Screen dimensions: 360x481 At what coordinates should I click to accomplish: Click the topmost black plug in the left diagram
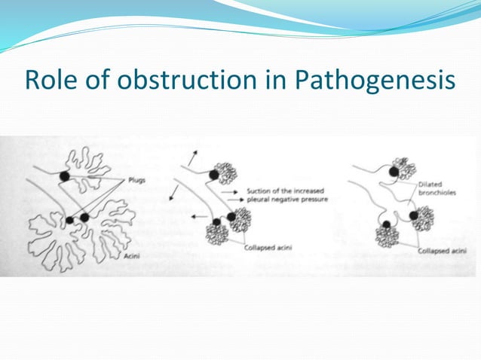coord(66,175)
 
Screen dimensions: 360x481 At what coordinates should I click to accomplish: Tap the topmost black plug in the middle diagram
coord(214,175)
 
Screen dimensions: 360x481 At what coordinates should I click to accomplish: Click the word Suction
coord(258,192)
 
